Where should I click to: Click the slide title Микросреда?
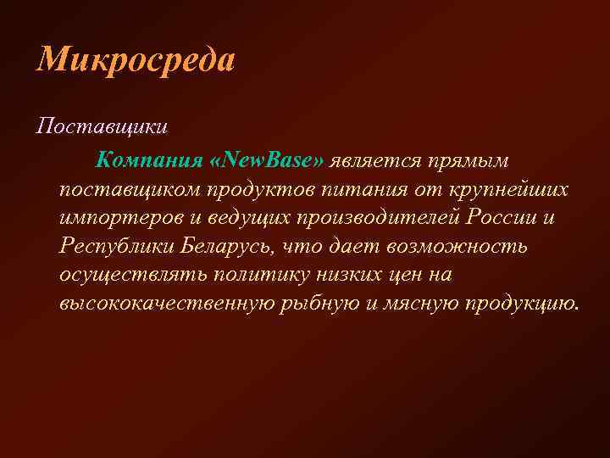pyautogui.click(x=136, y=61)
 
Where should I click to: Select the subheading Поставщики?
pyautogui.click(x=103, y=127)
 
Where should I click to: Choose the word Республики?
pyautogui.click(x=117, y=247)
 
